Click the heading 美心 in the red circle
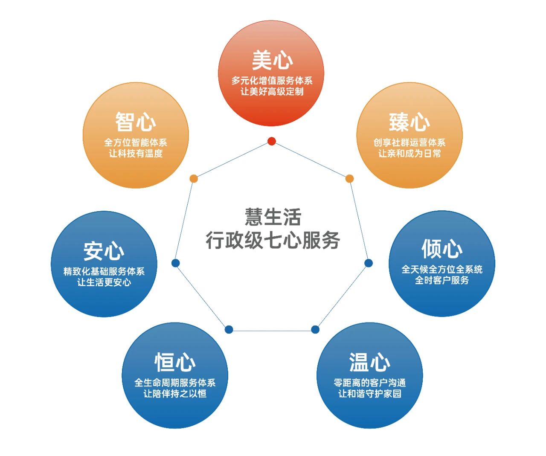(x=272, y=60)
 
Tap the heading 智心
(x=136, y=122)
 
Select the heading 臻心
(x=409, y=122)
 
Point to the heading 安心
(x=104, y=251)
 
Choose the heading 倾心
(x=441, y=249)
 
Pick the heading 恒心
(x=175, y=363)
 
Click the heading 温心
(x=369, y=362)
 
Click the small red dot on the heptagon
(x=272, y=141)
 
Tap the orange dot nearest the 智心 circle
(x=194, y=178)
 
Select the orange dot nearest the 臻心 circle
(x=349, y=178)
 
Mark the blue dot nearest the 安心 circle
(x=175, y=263)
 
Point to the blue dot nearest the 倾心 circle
(x=369, y=263)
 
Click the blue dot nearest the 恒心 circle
(x=229, y=329)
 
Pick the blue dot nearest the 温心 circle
(x=315, y=329)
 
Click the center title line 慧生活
(x=273, y=217)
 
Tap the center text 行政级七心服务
(x=273, y=240)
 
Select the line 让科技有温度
(x=136, y=154)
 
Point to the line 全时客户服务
(x=441, y=280)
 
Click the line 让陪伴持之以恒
(x=175, y=394)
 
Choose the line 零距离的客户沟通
(x=369, y=383)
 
